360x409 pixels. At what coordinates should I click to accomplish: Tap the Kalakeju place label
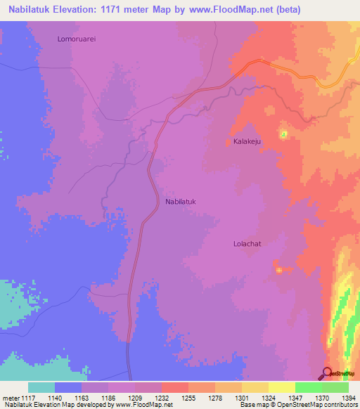(247, 141)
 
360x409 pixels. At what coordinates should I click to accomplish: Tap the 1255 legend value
(188, 398)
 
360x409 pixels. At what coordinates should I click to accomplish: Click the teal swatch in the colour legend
(41, 387)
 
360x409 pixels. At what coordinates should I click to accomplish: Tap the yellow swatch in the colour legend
(281, 387)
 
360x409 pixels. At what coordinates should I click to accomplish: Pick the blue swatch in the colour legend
(68, 387)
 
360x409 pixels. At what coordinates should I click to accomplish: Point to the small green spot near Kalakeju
(284, 134)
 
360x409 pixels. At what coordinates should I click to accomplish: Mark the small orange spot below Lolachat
(280, 270)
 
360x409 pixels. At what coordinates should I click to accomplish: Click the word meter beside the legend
(11, 398)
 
